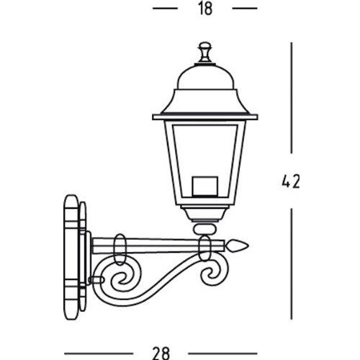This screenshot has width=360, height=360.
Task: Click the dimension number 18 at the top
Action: tap(205, 9)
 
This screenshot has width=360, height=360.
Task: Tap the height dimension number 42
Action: tap(291, 181)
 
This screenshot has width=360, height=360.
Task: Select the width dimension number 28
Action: tap(161, 354)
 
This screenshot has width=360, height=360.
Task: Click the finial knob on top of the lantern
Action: tap(204, 52)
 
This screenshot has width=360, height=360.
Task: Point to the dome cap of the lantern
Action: tap(205, 77)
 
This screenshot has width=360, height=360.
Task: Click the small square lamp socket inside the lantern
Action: tap(204, 186)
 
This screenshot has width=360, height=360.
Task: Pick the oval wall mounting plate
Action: tap(71, 257)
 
